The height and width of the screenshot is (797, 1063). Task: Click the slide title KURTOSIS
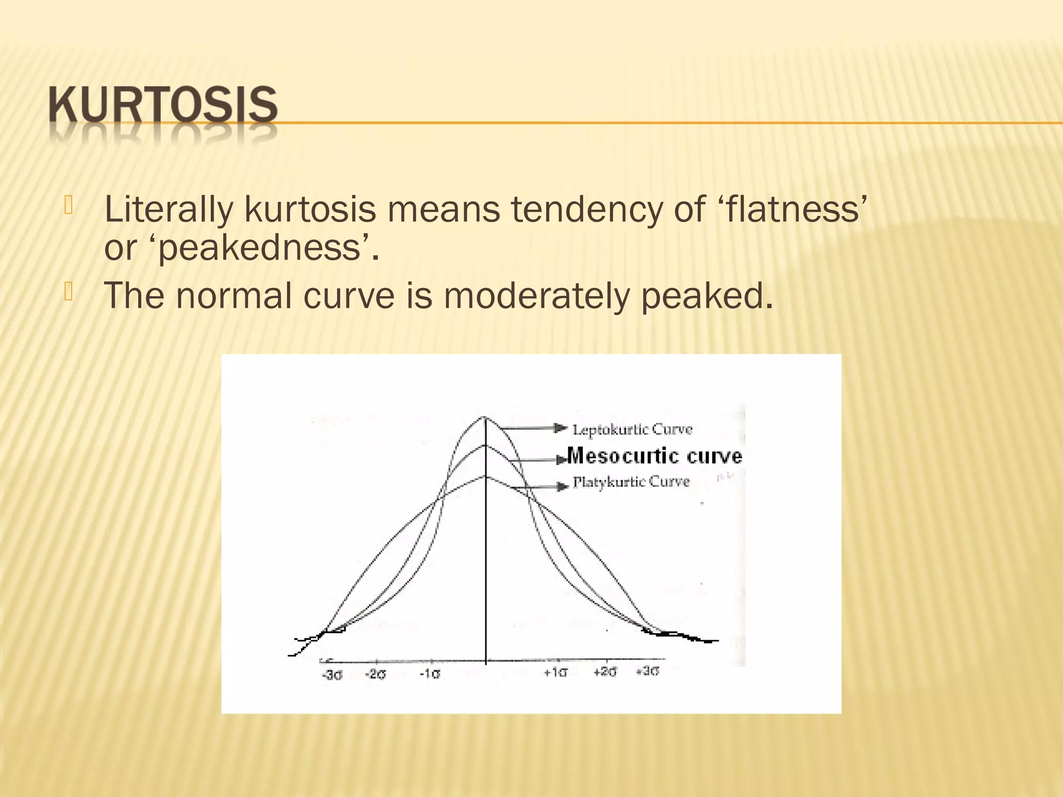coord(163,105)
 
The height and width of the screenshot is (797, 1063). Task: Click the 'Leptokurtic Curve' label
coord(632,430)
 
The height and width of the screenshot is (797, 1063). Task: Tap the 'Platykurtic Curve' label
coord(631,483)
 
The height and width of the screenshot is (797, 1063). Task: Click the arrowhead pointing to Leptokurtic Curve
coord(561,428)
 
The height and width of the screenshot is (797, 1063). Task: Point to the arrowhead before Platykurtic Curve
coord(562,487)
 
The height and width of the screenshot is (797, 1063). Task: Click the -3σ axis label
coord(332,675)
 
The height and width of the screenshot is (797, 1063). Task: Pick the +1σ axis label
coord(555,673)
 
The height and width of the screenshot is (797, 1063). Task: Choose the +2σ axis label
coord(605,672)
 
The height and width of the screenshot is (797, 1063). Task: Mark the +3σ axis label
coord(648,671)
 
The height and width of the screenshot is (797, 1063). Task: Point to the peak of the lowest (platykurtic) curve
coord(485,476)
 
